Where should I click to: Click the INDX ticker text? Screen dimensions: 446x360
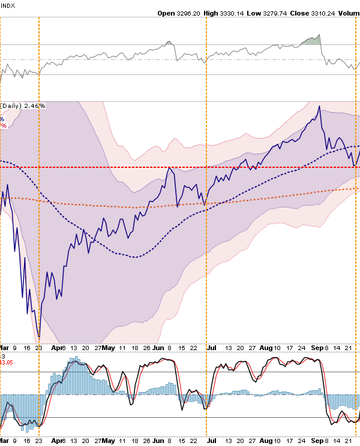coord(8,5)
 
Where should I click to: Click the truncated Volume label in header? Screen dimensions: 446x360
coord(349,13)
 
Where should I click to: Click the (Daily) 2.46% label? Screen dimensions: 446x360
coord(23,106)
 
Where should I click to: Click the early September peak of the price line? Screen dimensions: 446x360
coord(319,107)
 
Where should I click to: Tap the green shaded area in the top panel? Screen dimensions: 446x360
coord(311,40)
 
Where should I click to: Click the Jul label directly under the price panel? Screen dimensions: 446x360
coord(211,347)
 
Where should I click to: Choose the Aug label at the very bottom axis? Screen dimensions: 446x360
coord(266,441)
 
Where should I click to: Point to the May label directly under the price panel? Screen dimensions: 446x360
coord(109,347)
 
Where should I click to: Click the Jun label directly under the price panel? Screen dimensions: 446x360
coord(158,347)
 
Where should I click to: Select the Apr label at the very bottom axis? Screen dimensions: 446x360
coord(57,441)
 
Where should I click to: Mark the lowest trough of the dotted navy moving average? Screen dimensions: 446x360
coord(136,257)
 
